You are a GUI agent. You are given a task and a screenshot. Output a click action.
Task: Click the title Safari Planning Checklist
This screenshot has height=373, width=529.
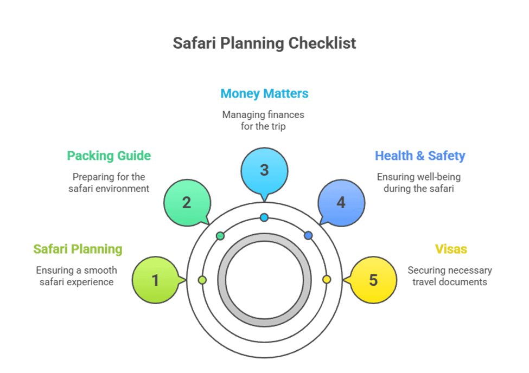tap(264, 43)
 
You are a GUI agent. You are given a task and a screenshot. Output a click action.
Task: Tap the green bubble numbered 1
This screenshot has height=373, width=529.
tap(155, 280)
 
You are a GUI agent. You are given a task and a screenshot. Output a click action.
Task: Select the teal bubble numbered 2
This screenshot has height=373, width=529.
tap(187, 203)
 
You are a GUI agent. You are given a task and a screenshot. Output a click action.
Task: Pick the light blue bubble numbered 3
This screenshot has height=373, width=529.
tap(264, 170)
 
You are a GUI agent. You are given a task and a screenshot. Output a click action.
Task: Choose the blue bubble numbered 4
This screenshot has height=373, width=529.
tap(341, 203)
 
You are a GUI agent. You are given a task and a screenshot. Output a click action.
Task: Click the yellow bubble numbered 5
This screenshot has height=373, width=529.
tap(373, 280)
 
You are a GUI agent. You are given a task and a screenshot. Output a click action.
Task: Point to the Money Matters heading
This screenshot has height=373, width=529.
tap(264, 93)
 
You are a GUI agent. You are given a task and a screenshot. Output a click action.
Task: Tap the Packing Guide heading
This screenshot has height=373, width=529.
tap(109, 156)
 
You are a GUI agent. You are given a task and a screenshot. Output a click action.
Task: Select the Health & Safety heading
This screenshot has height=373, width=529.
tap(420, 156)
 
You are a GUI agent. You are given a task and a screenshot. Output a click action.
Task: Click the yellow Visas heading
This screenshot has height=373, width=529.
tap(451, 249)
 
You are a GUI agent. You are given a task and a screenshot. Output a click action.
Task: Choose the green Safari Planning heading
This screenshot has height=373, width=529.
tap(78, 249)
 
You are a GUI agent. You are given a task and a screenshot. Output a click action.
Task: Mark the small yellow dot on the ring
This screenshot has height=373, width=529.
tap(327, 279)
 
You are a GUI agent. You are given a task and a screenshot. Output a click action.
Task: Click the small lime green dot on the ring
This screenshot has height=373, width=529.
tap(202, 280)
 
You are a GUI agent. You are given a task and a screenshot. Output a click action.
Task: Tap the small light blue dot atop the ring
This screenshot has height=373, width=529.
tap(264, 217)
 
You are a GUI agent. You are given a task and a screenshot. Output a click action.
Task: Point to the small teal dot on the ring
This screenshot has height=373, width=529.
tap(220, 236)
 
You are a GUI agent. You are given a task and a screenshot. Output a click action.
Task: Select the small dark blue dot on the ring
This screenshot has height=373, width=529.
tap(308, 236)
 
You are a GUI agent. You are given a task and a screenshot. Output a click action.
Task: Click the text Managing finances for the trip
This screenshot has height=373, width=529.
tap(264, 120)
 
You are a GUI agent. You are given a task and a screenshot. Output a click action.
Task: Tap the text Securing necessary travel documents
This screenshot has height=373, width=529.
tap(450, 276)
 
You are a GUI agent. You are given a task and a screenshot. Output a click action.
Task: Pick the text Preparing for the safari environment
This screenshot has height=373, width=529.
tap(109, 183)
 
